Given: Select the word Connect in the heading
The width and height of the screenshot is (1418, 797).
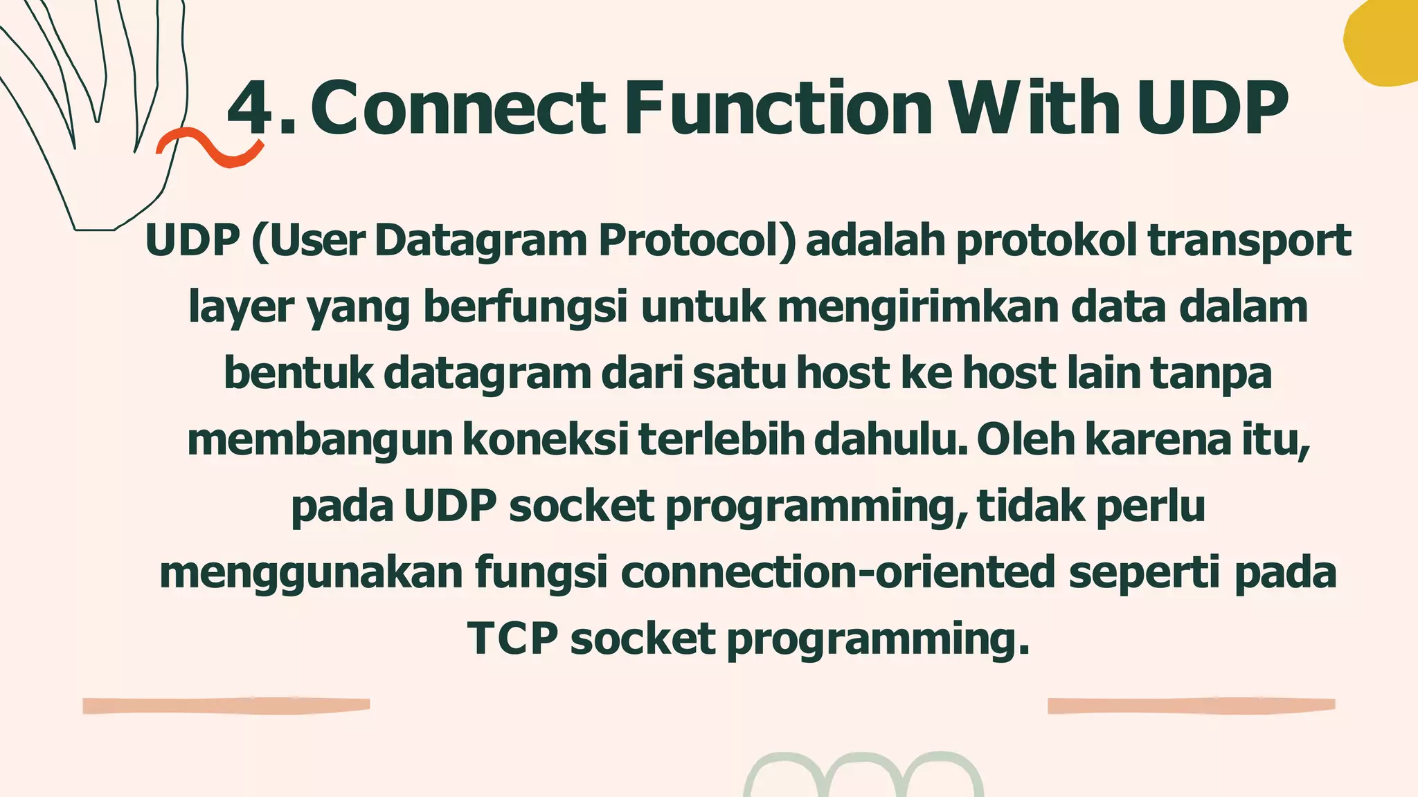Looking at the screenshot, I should coord(458,108).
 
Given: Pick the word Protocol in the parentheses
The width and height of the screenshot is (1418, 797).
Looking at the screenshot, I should coord(697,240).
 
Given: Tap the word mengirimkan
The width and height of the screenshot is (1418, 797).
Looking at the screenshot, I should coord(918,307).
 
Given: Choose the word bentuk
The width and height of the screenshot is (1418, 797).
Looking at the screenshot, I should coord(298,373).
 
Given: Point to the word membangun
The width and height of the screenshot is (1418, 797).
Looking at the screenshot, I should coord(319,440).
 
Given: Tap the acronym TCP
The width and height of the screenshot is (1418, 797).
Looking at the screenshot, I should coord(512,639).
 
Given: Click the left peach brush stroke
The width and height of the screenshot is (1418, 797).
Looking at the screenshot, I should coord(226,705).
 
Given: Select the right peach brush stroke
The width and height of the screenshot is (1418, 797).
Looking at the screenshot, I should coord(1191,705).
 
